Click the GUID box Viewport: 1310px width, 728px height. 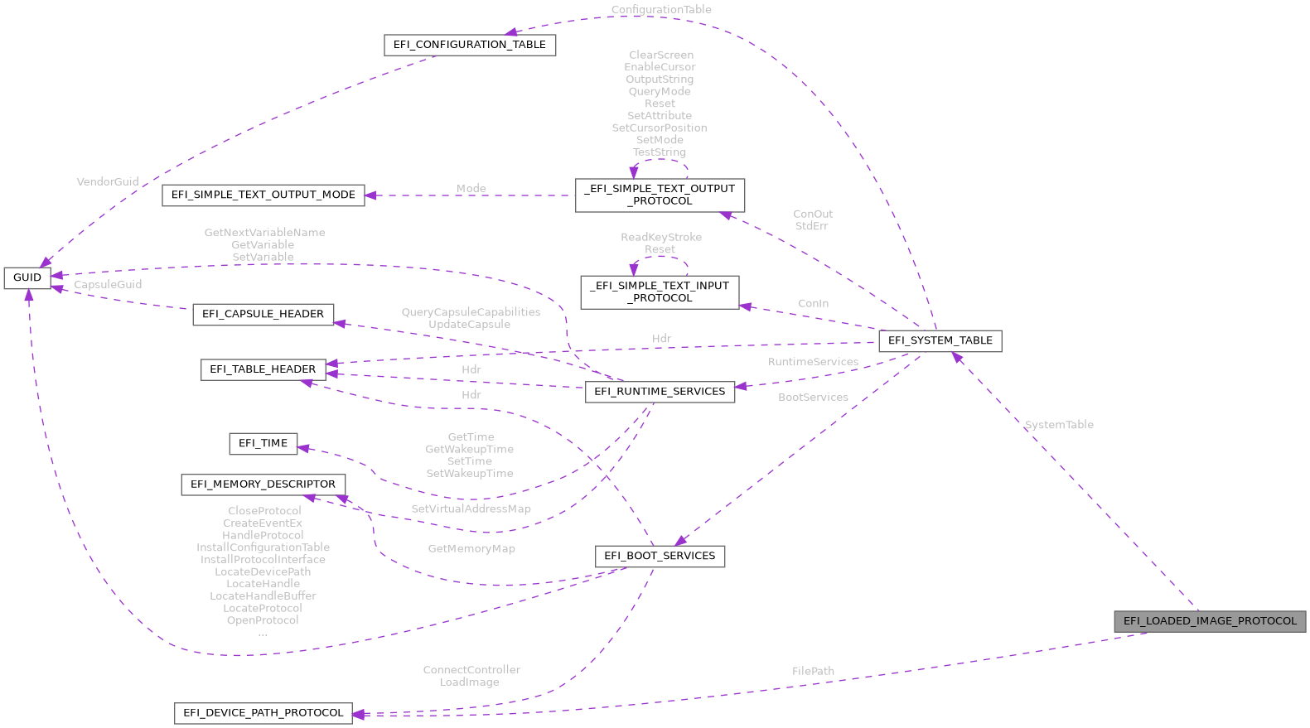[27, 277]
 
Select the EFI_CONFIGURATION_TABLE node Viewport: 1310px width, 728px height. [470, 45]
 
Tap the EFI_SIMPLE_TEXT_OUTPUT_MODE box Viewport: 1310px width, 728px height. [263, 195]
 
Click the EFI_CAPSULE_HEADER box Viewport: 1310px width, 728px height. [263, 314]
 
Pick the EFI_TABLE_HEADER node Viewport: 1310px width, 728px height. [263, 369]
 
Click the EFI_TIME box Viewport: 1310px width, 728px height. [263, 443]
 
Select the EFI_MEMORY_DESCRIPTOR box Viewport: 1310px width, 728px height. [263, 485]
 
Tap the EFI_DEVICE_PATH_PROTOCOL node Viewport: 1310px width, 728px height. [263, 713]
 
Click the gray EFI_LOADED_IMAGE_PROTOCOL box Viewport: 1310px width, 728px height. [1210, 621]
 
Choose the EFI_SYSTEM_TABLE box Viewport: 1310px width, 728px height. [940, 340]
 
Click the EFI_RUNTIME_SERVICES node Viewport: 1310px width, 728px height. [660, 392]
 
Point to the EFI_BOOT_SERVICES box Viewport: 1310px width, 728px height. [660, 556]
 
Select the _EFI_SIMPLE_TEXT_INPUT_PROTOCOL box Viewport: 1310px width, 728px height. [660, 292]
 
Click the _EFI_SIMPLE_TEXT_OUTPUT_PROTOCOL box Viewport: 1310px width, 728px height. [660, 195]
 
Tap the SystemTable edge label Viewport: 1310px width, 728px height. [1059, 425]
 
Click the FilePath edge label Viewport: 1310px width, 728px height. [813, 671]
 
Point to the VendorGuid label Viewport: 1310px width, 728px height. [108, 181]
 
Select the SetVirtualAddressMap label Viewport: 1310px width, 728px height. [471, 509]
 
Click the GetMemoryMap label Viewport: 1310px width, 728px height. [471, 548]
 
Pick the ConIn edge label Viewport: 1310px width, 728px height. [813, 303]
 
